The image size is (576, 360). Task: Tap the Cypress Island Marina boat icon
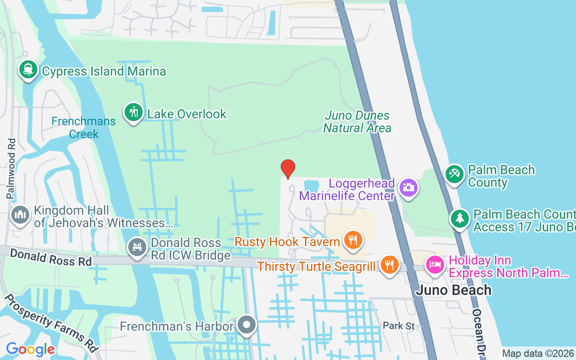[x=28, y=70]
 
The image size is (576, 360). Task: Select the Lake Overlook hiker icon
[x=134, y=112]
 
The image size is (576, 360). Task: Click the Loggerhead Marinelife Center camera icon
[x=408, y=187]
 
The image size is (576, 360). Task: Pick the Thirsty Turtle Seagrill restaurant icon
[x=389, y=265]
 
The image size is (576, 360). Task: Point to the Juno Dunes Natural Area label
[x=357, y=122]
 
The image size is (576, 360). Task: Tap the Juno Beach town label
[x=453, y=290]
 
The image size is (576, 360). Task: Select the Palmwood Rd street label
[x=11, y=169]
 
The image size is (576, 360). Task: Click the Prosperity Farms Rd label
[x=51, y=323]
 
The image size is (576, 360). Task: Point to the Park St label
[x=398, y=325]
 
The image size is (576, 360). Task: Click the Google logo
[x=30, y=349]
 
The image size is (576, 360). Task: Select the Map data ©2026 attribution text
[x=538, y=354]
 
